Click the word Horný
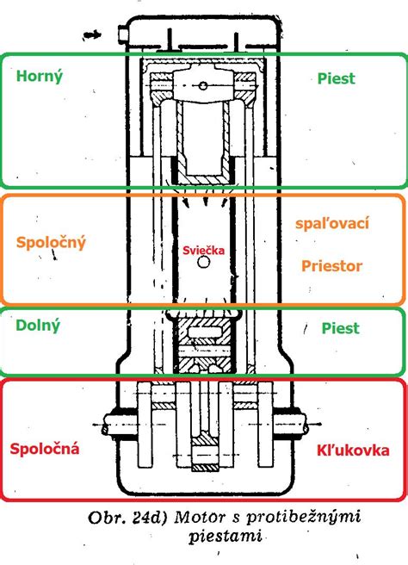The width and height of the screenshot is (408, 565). pos(40,76)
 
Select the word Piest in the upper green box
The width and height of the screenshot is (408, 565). pos(337,78)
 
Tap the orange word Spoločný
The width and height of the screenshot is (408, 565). pos(51,243)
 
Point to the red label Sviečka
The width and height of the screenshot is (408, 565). pos(202,250)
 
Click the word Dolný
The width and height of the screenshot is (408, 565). pos(37,325)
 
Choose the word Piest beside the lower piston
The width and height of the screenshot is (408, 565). pos(339,328)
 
